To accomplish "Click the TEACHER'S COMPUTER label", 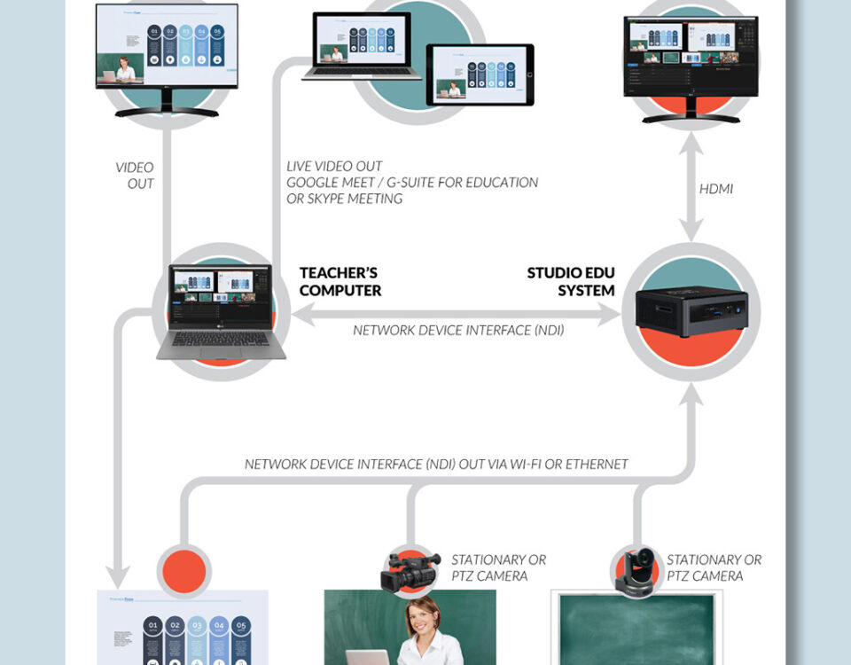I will (x=340, y=281).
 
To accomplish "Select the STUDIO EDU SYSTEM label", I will (x=571, y=281).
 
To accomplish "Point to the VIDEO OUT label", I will (x=135, y=176).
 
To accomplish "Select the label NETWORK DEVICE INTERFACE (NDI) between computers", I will (x=458, y=330).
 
